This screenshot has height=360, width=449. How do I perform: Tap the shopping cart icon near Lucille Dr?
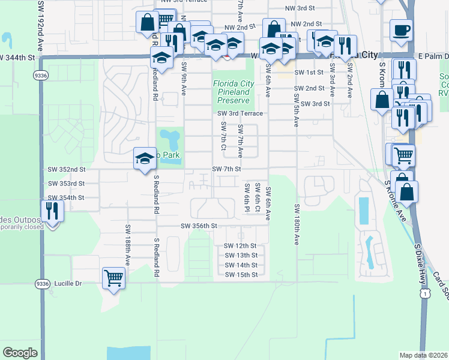click(113, 278)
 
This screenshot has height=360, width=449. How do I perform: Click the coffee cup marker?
click(401, 30)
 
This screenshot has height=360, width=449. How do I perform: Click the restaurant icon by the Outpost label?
click(52, 211)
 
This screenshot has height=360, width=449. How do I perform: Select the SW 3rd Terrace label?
click(240, 113)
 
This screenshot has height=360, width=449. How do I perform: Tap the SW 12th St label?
click(240, 246)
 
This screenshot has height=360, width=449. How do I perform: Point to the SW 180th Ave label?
click(297, 224)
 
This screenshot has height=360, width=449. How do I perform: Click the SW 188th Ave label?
click(128, 245)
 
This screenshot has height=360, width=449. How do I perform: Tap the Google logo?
click(20, 353)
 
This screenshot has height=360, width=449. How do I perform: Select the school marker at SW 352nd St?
click(144, 159)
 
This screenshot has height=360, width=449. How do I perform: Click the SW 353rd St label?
click(67, 183)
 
